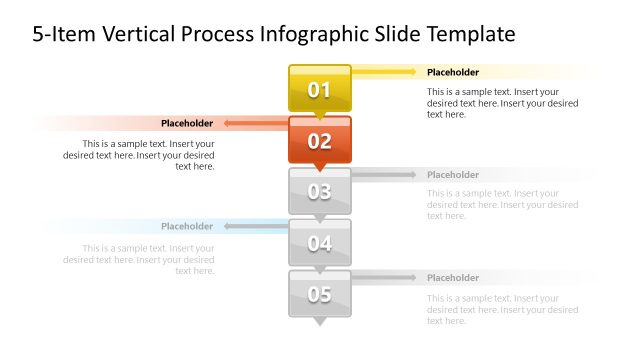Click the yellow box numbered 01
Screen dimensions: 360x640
[319, 90]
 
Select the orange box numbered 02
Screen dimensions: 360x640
[319, 141]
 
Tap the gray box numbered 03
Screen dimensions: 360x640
[319, 192]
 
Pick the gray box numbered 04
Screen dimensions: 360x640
[319, 243]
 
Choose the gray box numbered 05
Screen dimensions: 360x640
[319, 294]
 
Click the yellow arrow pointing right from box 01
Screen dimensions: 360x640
[385, 72]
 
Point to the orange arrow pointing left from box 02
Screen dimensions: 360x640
[254, 124]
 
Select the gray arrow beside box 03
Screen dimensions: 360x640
[385, 175]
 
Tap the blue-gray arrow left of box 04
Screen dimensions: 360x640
[254, 227]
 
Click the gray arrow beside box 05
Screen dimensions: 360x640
[385, 278]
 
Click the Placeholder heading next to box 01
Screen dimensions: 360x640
[453, 72]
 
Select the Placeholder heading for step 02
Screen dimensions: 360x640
[187, 123]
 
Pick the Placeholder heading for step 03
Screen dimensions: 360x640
[453, 175]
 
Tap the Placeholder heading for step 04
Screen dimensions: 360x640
[187, 226]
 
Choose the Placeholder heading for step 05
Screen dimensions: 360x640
[453, 278]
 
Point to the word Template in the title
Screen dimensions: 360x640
[468, 35]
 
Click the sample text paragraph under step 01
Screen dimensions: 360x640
[502, 102]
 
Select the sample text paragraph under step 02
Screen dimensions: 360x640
[139, 154]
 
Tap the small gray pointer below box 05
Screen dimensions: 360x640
[319, 322]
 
